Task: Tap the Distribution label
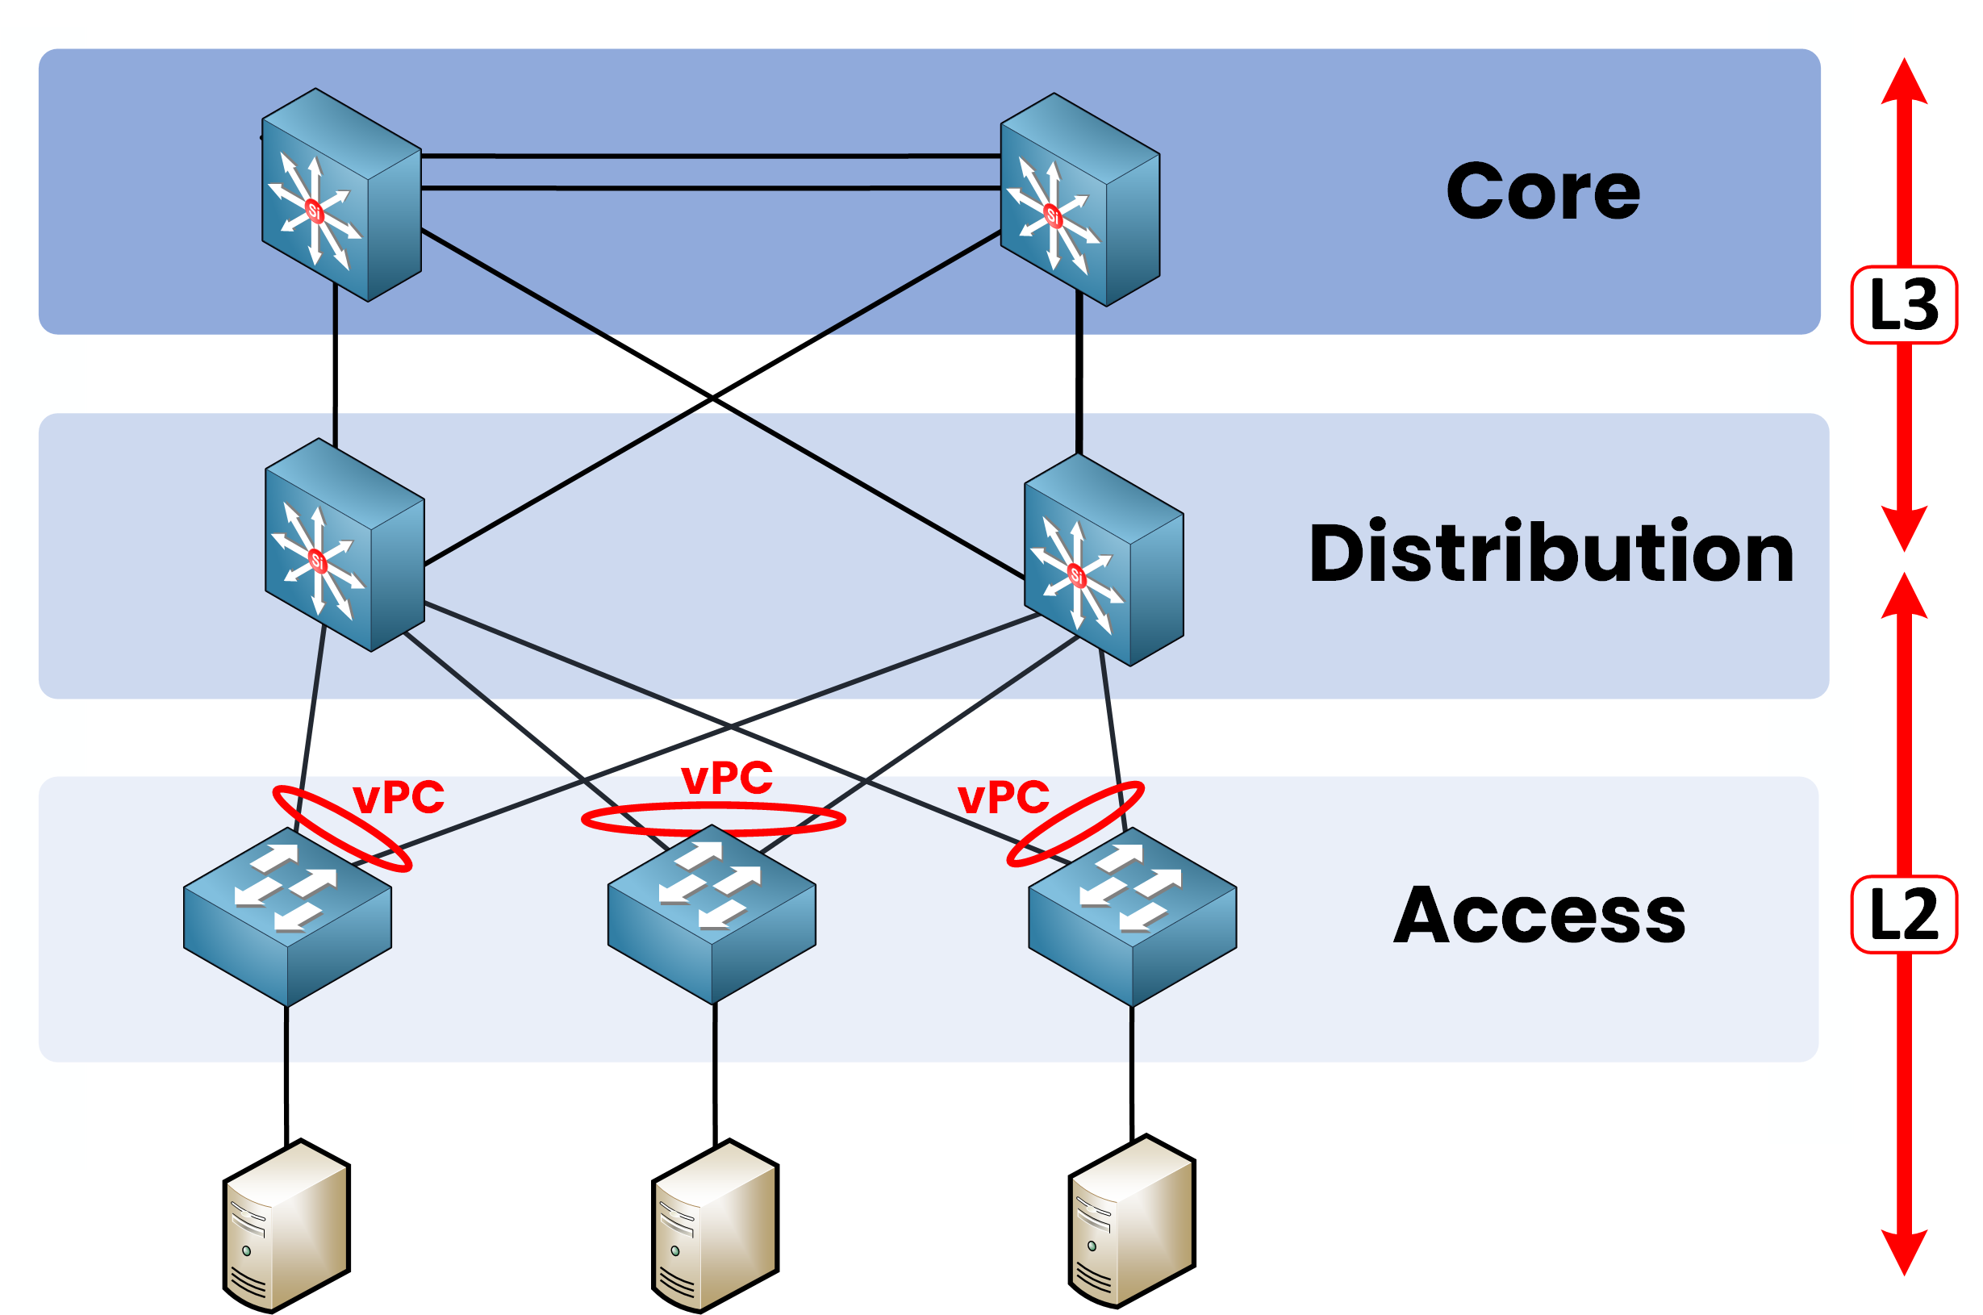pos(1551,553)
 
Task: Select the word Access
pos(1538,915)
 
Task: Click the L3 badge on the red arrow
pos(1903,304)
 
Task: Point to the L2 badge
pos(1903,915)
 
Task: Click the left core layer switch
pos(341,194)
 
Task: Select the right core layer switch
pos(1080,199)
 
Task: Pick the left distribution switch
pos(344,545)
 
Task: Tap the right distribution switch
pos(1104,559)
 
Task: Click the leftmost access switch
pos(286,916)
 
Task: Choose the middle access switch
pos(711,914)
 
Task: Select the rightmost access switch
pos(1132,916)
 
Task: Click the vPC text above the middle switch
pos(727,778)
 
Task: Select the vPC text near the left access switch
pos(399,797)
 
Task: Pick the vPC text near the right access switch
pos(1003,797)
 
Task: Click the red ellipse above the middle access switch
pos(712,807)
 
